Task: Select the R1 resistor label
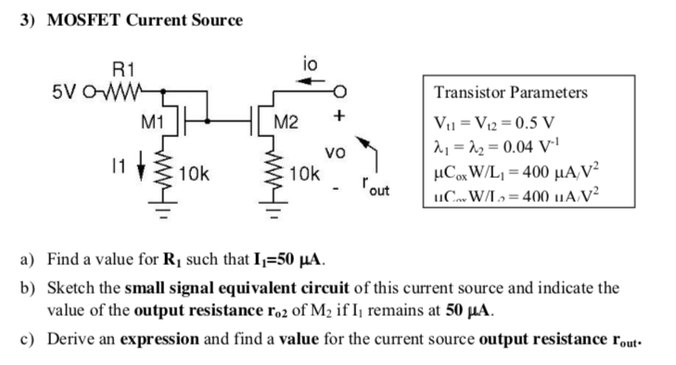(x=122, y=69)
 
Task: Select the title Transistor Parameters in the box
(x=510, y=93)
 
